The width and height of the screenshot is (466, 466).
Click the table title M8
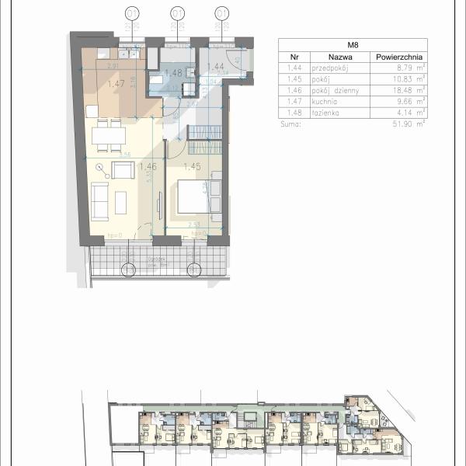point(353,44)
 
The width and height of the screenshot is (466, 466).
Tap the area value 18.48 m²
point(410,89)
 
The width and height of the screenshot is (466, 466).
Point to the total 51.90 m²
point(410,123)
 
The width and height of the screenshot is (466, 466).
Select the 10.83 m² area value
point(410,78)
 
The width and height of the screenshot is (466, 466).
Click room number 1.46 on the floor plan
point(147,165)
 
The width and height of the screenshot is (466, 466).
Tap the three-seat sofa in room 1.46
point(100,202)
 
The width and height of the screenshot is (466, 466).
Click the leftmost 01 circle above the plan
point(133,13)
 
